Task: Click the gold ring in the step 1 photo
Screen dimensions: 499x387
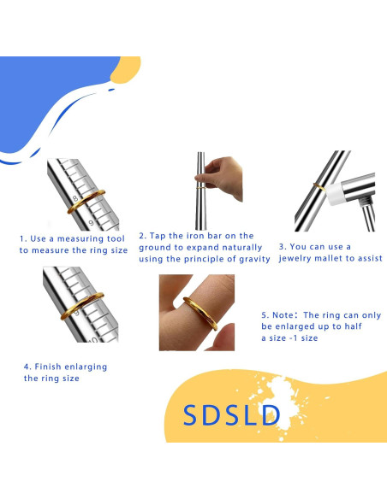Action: (86, 202)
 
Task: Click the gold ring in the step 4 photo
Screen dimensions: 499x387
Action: (80, 308)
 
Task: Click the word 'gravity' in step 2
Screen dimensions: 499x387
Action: (252, 259)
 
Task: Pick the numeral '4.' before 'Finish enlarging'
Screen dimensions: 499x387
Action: (27, 367)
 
